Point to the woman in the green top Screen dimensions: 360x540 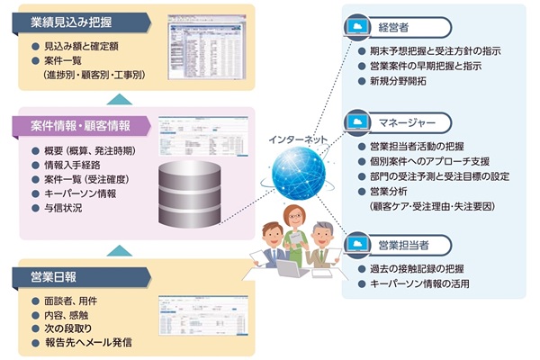coord(294,230)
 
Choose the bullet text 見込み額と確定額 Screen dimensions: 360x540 coord(83,45)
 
